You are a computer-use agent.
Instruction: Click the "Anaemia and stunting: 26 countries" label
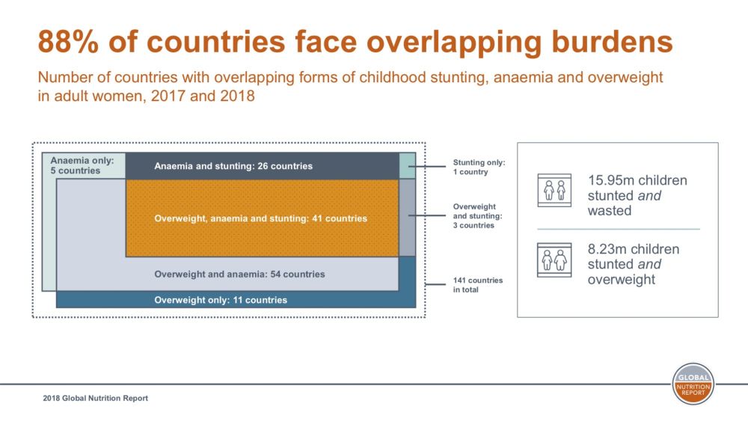(233, 166)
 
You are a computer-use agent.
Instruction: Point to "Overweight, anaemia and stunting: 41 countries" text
(260, 218)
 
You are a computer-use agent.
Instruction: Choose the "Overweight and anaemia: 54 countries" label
(239, 274)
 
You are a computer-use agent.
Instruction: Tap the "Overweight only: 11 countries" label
(221, 300)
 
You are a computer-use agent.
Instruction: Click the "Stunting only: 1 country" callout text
(479, 167)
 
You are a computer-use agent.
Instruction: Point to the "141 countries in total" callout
(478, 285)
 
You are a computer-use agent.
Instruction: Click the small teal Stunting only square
(407, 165)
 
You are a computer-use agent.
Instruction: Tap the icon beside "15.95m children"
(554, 191)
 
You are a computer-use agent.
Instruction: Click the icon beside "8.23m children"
(554, 259)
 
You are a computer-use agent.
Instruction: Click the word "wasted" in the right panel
(609, 211)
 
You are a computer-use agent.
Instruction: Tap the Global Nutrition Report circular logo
(693, 384)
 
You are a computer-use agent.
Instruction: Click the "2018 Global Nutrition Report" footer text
(96, 399)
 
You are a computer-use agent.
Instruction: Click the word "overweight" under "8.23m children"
(622, 280)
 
